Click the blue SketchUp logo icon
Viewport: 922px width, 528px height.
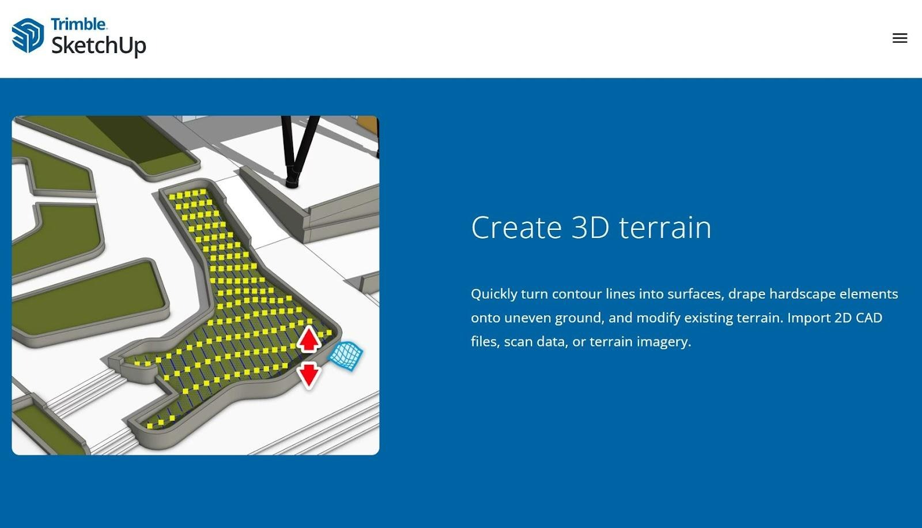coord(28,35)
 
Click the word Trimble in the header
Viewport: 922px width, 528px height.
coord(78,24)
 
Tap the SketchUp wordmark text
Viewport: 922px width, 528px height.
coord(99,46)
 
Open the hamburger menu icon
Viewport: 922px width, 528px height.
coord(900,38)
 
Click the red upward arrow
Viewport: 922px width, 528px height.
coord(309,340)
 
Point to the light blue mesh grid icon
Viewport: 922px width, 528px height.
coord(346,355)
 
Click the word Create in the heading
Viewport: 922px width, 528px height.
coord(516,227)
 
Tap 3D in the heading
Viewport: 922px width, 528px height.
coord(590,227)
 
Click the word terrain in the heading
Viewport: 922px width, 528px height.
coord(665,227)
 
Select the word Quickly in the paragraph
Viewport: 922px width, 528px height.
coord(494,295)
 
